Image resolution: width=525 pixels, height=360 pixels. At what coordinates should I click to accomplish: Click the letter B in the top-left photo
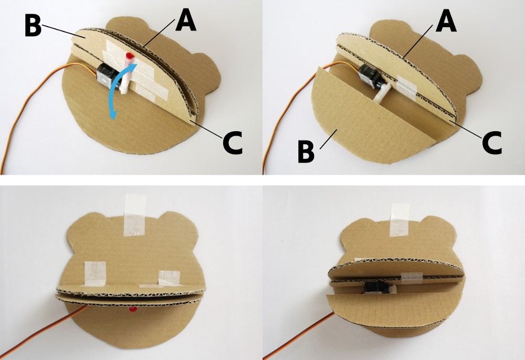[x=33, y=25]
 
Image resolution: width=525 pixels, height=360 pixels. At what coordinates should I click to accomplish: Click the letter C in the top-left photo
[x=233, y=143]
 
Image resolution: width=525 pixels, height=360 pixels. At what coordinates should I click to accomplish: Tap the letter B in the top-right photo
[x=307, y=152]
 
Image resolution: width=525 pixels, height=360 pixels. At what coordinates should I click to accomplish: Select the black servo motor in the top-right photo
[x=369, y=76]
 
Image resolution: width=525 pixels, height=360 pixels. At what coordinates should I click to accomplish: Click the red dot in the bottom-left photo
[x=133, y=310]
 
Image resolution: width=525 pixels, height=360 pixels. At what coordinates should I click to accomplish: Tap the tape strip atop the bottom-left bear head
[x=134, y=215]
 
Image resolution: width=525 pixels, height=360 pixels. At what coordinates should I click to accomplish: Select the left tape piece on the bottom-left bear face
[x=94, y=274]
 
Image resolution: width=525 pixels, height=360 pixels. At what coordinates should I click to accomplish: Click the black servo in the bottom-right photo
[x=376, y=288]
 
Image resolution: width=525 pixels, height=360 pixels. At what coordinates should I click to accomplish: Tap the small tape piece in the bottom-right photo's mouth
[x=411, y=278]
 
